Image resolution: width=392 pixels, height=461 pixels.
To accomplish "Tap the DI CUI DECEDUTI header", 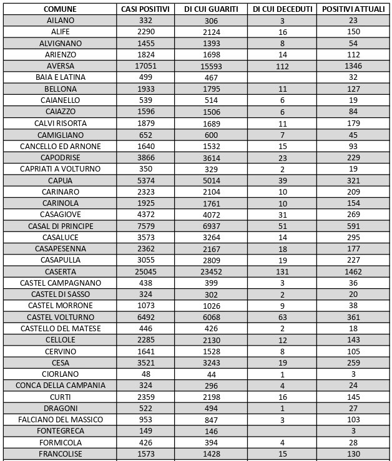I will click(x=282, y=9).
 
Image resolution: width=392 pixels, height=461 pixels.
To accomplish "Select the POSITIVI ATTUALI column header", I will click(x=353, y=9).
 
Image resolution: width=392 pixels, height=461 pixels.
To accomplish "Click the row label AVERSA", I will click(x=60, y=66).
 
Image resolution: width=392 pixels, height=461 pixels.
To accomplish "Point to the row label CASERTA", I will click(x=60, y=272).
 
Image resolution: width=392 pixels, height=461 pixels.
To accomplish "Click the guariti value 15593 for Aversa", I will click(x=212, y=66).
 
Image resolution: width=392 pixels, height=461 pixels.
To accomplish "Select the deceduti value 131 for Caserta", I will click(x=282, y=272).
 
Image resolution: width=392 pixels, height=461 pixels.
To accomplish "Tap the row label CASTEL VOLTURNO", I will click(x=60, y=318).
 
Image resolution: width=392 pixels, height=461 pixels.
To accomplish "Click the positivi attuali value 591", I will click(x=353, y=226).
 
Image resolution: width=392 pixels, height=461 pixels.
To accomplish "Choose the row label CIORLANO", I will click(x=60, y=374).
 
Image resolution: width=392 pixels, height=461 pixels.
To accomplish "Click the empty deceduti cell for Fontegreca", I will click(x=282, y=431).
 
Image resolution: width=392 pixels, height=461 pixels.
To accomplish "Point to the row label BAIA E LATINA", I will click(x=60, y=77).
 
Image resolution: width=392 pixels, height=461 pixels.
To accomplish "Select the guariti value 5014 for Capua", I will click(x=212, y=180).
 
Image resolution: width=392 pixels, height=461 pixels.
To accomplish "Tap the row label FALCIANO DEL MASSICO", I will click(x=60, y=420).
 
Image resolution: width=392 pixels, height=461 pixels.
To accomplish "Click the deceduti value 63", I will click(x=282, y=318).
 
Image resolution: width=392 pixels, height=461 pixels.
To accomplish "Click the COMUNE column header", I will click(x=60, y=9).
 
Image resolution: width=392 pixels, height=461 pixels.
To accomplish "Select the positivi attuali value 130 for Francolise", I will click(x=353, y=454).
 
